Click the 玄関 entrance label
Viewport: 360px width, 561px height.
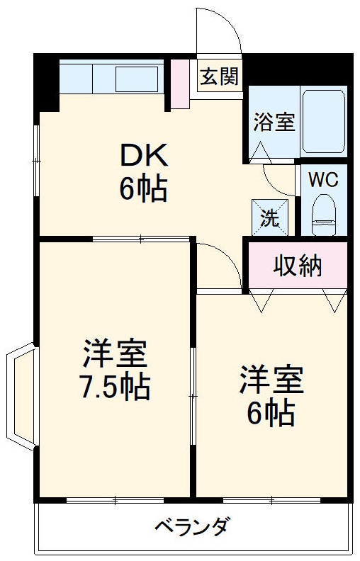pyautogui.click(x=218, y=76)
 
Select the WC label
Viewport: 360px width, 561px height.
pyautogui.click(x=323, y=178)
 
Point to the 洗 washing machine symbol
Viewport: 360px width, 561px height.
pyautogui.click(x=270, y=216)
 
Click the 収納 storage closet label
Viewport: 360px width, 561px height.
pyautogui.click(x=298, y=266)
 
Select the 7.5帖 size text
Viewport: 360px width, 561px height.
pyautogui.click(x=113, y=387)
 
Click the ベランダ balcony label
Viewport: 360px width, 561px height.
pyautogui.click(x=191, y=527)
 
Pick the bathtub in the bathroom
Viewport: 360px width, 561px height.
pyautogui.click(x=323, y=121)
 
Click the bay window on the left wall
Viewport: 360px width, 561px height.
pyautogui.click(x=20, y=397)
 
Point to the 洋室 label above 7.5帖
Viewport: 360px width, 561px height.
pyautogui.click(x=114, y=352)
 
